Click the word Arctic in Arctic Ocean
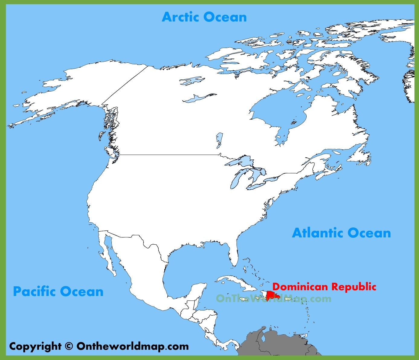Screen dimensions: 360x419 pyautogui.click(x=180, y=17)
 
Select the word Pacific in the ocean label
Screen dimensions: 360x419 pyautogui.click(x=34, y=292)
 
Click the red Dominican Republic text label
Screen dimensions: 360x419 pyautogui.click(x=324, y=287)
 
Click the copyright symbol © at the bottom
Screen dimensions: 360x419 pyautogui.click(x=69, y=346)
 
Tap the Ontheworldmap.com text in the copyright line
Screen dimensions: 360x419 pyautogui.click(x=133, y=346)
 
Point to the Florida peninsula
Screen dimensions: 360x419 pyautogui.click(x=233, y=255)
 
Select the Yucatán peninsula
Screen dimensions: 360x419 pyautogui.click(x=199, y=290)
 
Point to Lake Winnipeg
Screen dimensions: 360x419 pyautogui.click(x=219, y=140)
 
